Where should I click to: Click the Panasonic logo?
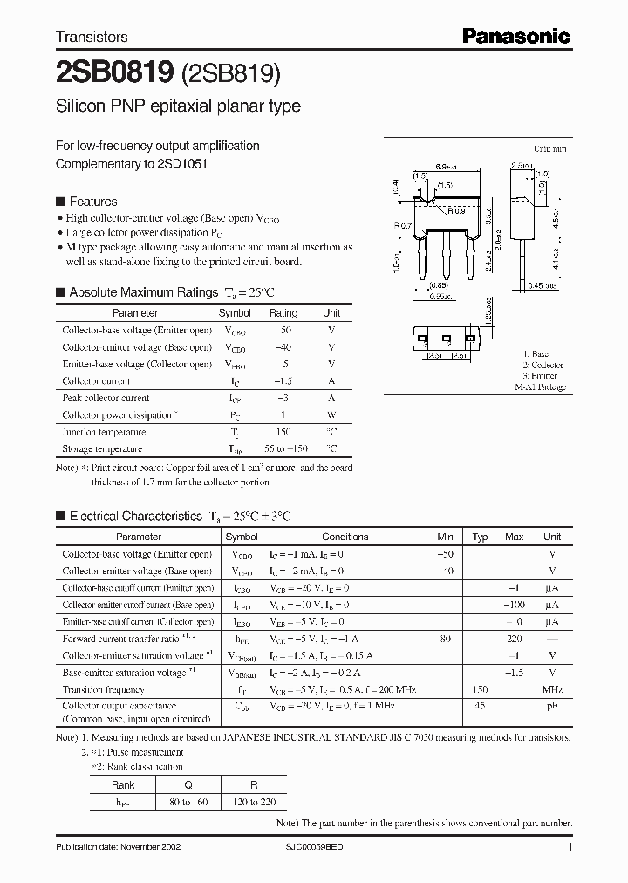point(515,37)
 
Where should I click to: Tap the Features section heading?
point(92,202)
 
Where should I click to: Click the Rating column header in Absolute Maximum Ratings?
point(283,312)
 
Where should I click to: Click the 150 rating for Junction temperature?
point(283,432)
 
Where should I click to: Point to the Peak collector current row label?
point(106,398)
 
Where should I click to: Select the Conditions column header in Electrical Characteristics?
point(345,537)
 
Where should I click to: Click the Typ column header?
point(480,537)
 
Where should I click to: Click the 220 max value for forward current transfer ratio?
point(514,639)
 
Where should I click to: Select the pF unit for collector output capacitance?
point(551,706)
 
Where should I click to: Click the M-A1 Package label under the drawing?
point(539,387)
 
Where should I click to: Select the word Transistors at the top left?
point(92,37)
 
